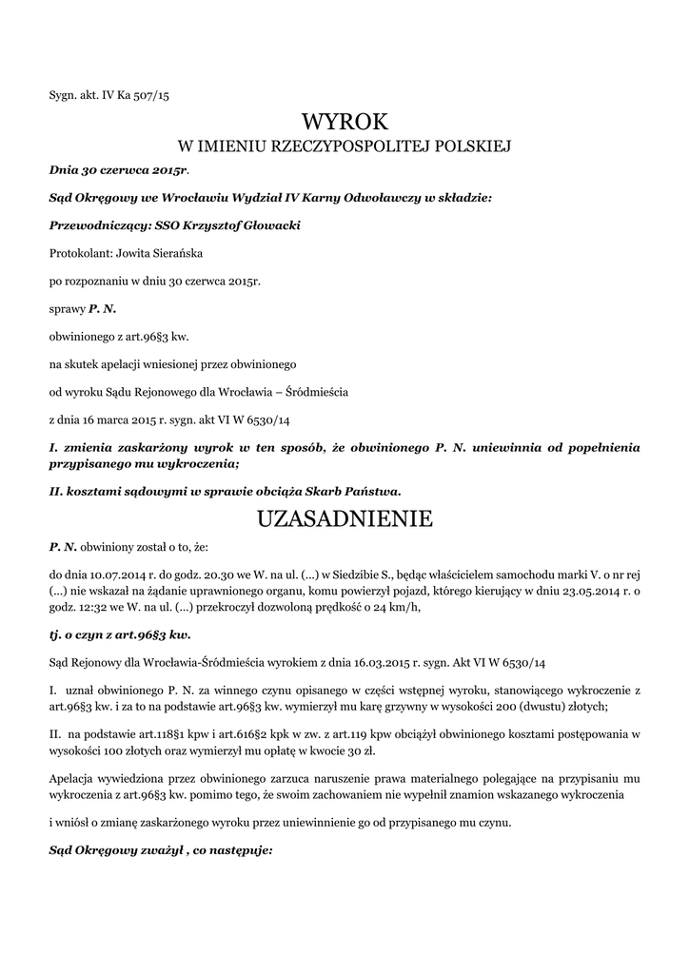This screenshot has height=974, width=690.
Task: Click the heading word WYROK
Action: point(345,122)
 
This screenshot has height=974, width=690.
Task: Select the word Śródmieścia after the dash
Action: point(319,391)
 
